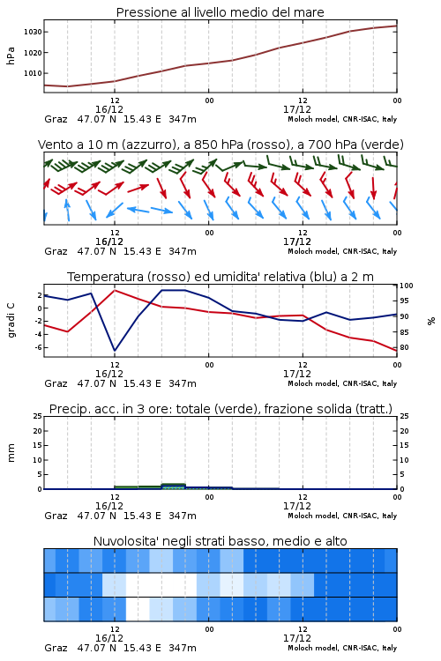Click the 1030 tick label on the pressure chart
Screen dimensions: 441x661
coord(33,32)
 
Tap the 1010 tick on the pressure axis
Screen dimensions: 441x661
coord(33,73)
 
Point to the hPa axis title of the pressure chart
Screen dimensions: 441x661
coord(11,56)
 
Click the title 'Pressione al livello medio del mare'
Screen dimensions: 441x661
coord(220,12)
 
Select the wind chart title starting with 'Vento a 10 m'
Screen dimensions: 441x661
coord(220,145)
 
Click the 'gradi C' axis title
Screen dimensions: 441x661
coord(11,321)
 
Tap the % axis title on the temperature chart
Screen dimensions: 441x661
coord(431,321)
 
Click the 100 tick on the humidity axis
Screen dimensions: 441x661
coord(407,286)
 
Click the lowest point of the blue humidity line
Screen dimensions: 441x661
coord(115,350)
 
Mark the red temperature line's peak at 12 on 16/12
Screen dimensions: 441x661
coord(115,290)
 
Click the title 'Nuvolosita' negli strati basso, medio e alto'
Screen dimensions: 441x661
coord(220,541)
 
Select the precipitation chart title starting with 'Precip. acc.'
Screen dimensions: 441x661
coord(220,409)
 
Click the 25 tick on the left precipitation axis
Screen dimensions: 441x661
coord(38,416)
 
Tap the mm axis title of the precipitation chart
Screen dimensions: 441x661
coord(11,453)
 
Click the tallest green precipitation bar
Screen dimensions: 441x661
coord(174,486)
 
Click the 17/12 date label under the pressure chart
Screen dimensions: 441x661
coord(297,109)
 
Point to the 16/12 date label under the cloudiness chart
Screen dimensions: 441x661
coord(109,638)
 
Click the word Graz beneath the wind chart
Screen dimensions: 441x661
coord(56,252)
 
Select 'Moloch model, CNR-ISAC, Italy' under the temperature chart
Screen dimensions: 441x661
coord(342,383)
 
